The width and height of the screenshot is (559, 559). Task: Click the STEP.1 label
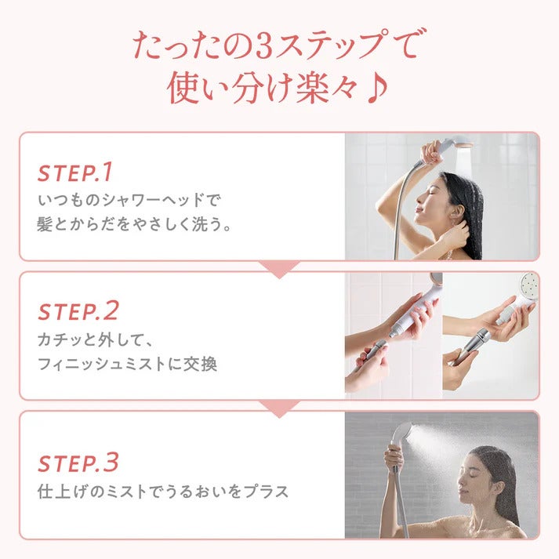(x=75, y=172)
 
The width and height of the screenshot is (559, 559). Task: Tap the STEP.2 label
(x=78, y=311)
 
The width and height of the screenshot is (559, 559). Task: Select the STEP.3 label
(x=78, y=463)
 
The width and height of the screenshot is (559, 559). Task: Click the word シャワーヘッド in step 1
(x=138, y=201)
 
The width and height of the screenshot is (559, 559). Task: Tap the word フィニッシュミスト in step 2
(x=109, y=364)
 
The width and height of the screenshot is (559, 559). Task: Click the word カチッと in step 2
(x=61, y=341)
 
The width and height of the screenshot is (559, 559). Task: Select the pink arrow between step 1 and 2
(x=279, y=268)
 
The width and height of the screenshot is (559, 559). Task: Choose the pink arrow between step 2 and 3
(x=279, y=407)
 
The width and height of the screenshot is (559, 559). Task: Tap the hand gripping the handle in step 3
(x=394, y=458)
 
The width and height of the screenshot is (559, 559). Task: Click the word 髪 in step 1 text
(x=45, y=224)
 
